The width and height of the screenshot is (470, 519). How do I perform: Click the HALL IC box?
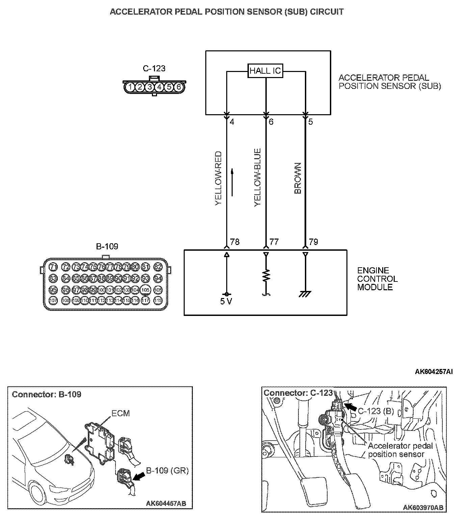tap(265, 71)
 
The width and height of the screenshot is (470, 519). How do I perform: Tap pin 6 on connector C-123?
tap(179, 87)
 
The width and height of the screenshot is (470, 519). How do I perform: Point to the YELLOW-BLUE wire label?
tap(258, 177)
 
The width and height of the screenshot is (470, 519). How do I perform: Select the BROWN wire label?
tap(298, 178)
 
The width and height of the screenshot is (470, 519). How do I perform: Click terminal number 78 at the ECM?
tap(235, 242)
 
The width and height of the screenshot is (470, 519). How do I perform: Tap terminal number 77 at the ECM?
tap(274, 242)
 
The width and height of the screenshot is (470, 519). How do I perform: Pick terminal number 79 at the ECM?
tap(313, 242)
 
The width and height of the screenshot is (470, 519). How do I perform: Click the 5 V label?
tap(226, 301)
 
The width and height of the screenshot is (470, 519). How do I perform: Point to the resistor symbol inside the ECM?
tap(266, 276)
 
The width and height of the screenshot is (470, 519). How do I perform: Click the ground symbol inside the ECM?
tap(305, 294)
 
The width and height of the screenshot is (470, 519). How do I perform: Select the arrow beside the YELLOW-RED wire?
tap(232, 182)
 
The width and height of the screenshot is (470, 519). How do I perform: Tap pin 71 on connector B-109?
tap(53, 267)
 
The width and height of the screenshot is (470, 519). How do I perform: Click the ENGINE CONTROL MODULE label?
tap(377, 279)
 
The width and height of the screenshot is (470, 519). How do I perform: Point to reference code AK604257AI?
tap(434, 372)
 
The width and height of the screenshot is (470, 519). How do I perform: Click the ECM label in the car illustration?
tap(121, 413)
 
